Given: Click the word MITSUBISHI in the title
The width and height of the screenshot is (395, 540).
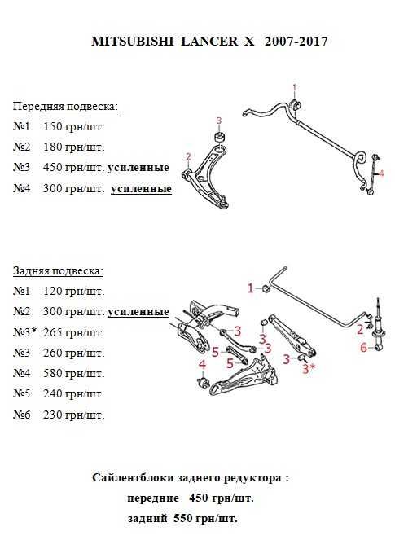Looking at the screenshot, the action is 132,42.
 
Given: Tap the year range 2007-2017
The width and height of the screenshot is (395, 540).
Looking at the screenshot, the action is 296,42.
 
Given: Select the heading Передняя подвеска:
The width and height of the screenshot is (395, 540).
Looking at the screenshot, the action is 65,107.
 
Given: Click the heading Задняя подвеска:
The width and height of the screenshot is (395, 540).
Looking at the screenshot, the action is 58,271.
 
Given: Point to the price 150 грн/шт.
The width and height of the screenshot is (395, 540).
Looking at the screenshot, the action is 73,127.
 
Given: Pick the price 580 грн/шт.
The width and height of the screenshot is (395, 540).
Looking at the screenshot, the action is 73,373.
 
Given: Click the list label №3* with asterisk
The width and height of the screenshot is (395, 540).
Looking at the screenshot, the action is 24,332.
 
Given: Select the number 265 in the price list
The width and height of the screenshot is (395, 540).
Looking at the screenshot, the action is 53,332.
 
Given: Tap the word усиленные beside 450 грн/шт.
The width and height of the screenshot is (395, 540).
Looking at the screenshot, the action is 138,168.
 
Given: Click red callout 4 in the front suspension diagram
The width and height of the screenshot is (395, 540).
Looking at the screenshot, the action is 381,173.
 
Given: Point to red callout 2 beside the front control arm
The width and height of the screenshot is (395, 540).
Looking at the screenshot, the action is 188,156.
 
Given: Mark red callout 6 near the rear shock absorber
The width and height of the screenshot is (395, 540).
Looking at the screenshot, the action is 364,348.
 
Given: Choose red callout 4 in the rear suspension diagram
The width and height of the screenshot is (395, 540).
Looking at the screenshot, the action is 203,365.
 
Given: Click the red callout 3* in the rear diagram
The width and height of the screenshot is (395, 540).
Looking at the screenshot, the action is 309,369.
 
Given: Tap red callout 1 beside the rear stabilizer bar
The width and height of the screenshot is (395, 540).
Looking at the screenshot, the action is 250,288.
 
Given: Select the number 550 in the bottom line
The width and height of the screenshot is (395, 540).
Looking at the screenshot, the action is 185,518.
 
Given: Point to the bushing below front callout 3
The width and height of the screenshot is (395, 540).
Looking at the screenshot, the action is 219,136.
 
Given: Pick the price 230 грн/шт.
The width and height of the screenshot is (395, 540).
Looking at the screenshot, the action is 73,415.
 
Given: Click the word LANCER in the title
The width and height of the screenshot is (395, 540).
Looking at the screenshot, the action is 209,42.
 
